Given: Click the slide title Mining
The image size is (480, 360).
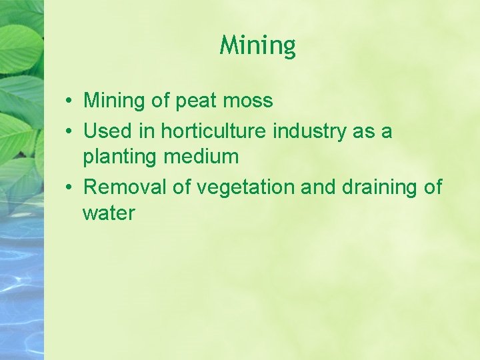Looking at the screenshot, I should (257, 46).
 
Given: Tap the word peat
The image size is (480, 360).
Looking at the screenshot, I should (197, 101).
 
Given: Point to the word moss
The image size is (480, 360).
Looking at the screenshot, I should (248, 101).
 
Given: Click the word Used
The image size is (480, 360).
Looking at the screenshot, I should (107, 131).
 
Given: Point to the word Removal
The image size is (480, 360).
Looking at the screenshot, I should (125, 187).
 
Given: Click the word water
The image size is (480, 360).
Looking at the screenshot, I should (109, 214).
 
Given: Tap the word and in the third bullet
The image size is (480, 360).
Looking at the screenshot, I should (319, 187).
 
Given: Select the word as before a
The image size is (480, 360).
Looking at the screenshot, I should (364, 131).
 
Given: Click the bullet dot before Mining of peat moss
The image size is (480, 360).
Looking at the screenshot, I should (69, 102).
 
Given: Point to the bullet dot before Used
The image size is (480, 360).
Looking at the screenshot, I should (69, 132).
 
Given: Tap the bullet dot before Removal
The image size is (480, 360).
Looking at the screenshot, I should (69, 188).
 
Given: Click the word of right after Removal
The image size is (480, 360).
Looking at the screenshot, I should (182, 187).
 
